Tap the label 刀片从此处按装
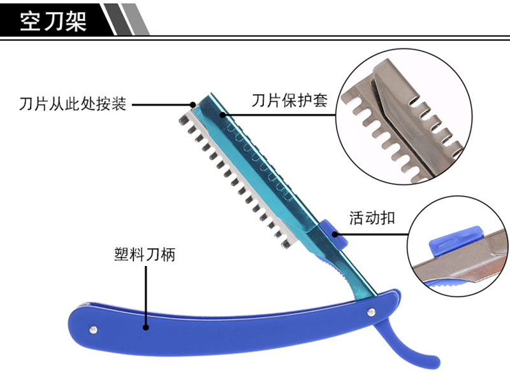coord(73,103)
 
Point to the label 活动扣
coord(372,218)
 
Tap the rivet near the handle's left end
coord(94,328)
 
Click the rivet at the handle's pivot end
coord(372,311)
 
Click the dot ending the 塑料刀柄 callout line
coord(146,328)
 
